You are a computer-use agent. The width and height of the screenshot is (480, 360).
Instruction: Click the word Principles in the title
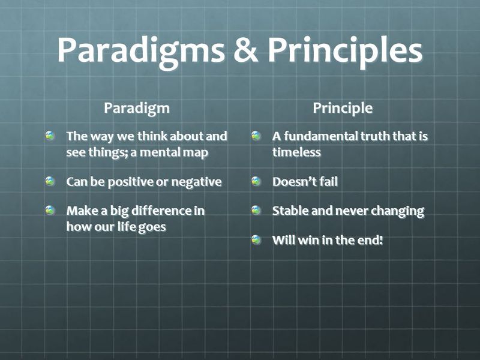[x=345, y=52]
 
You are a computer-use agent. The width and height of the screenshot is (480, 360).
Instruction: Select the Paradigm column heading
[x=136, y=109]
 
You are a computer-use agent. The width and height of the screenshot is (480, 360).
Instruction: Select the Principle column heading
[x=343, y=109]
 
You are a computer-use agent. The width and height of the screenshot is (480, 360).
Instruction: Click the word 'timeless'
[x=296, y=152]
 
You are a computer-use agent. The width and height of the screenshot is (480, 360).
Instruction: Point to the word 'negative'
[x=196, y=182]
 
